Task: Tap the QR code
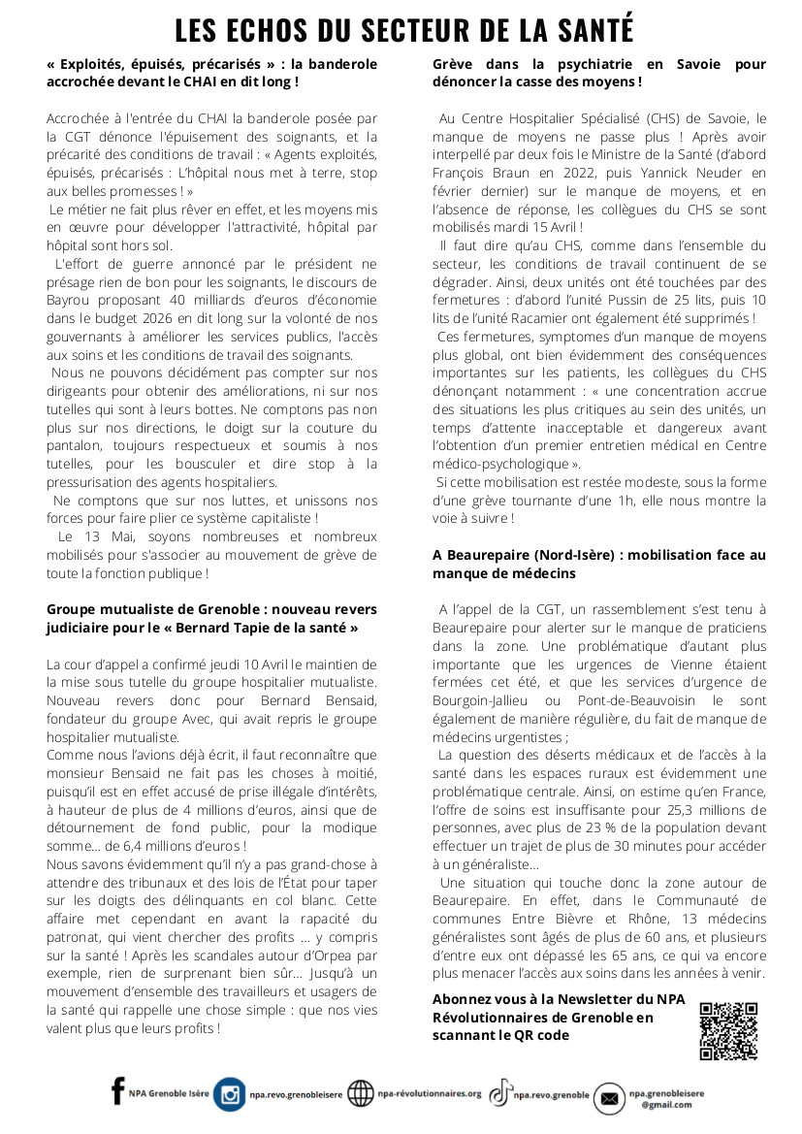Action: click(728, 1030)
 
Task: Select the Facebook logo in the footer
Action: click(118, 1091)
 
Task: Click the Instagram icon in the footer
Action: click(230, 1093)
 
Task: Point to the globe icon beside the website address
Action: click(360, 1093)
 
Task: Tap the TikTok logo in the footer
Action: click(500, 1093)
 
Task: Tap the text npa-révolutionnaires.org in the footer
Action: click(429, 1093)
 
